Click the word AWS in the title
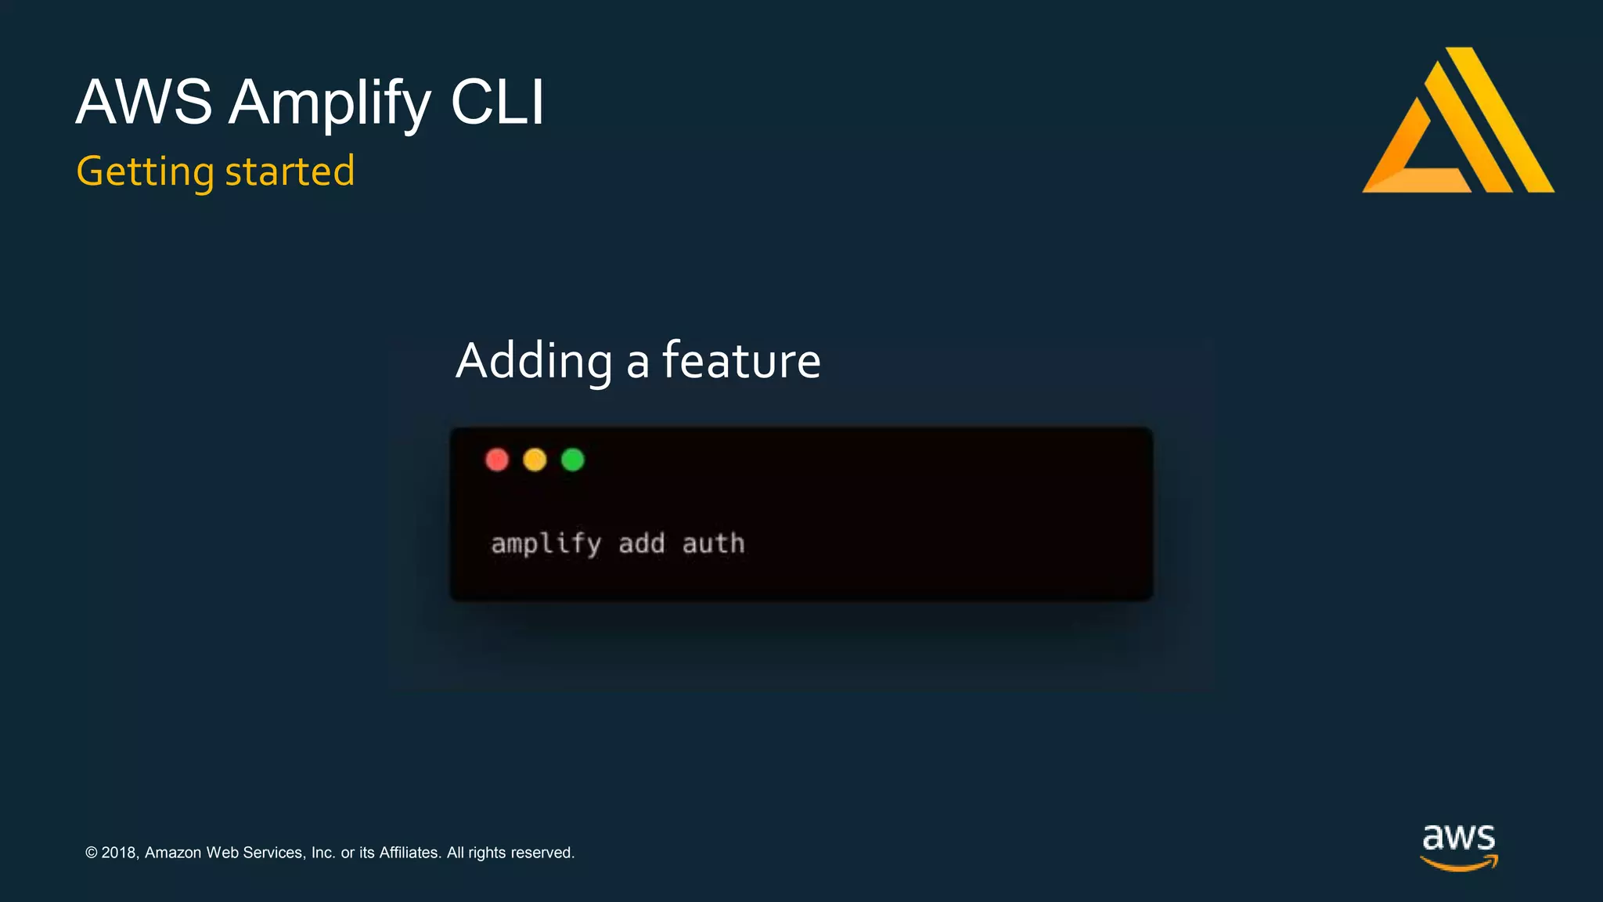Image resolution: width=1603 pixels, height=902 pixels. point(144,103)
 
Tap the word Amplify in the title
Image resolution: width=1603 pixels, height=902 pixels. point(330,103)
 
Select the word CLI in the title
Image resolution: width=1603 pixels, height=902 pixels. point(497,103)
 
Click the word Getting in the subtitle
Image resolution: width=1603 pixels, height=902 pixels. point(145,172)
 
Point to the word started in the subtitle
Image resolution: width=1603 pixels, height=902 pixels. point(290,171)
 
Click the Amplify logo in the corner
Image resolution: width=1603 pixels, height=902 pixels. point(1457,121)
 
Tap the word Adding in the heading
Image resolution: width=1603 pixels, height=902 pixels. point(534,361)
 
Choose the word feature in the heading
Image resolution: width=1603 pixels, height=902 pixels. point(741,361)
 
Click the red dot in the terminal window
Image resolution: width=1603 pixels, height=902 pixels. point(497,460)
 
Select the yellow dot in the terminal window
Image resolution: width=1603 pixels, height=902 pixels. point(535,460)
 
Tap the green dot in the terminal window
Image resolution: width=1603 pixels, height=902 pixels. point(573,460)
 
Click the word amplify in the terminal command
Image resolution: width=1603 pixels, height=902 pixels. point(546,543)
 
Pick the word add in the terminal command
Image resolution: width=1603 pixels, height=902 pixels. point(641,543)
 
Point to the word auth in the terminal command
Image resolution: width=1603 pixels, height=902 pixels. point(713,543)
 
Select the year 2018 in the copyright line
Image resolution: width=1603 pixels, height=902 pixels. point(119,853)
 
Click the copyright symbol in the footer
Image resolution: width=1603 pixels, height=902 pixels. point(92,853)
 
